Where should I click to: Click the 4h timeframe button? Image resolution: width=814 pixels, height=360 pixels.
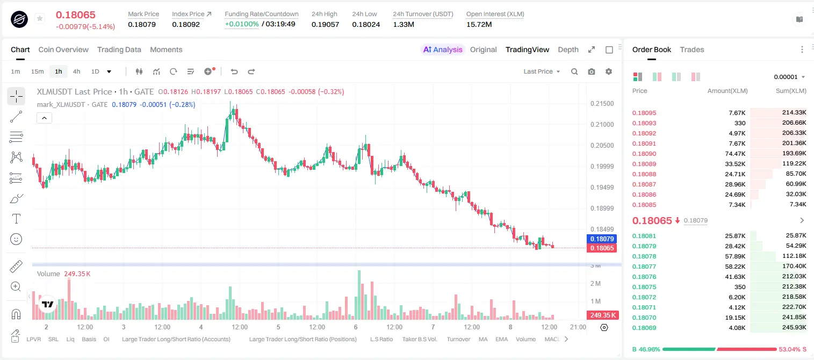click(76, 71)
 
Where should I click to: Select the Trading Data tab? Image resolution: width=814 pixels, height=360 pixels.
click(119, 50)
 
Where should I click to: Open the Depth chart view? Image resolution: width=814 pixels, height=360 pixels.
click(568, 50)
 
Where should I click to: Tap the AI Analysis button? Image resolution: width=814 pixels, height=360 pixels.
click(443, 50)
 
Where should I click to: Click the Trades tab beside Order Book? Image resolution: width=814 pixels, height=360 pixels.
click(691, 50)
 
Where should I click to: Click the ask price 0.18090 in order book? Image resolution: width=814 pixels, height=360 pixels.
click(644, 154)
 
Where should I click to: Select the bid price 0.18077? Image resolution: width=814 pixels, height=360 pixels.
click(644, 267)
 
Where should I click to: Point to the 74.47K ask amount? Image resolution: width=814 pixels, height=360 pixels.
click(735, 154)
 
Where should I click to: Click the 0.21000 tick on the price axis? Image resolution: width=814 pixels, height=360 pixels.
click(602, 125)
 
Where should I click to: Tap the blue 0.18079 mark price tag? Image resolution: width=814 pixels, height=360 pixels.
click(602, 239)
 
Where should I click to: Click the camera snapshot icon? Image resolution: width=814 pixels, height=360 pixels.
click(592, 71)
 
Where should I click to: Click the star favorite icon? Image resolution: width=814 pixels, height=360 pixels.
click(40, 18)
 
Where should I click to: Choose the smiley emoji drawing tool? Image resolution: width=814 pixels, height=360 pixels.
click(16, 239)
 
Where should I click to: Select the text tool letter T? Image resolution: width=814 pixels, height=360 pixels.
click(16, 219)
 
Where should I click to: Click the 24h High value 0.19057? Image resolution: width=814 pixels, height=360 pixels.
click(325, 24)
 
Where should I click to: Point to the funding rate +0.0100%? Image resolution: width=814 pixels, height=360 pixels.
click(242, 24)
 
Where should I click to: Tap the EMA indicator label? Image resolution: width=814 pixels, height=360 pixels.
click(501, 339)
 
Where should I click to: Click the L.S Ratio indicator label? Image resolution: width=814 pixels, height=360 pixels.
click(381, 339)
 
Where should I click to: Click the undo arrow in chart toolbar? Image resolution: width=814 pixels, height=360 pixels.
click(234, 71)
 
